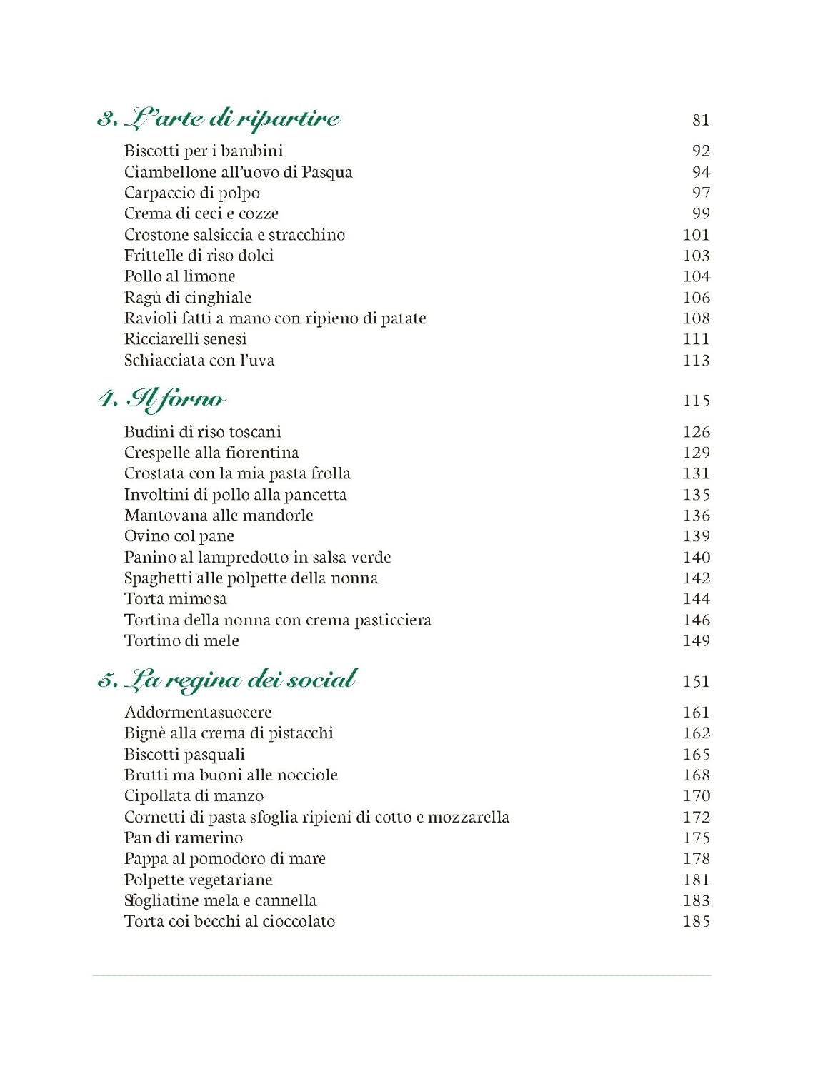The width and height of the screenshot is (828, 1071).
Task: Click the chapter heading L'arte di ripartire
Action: tap(219, 119)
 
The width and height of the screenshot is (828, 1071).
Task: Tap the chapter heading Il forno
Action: tap(161, 399)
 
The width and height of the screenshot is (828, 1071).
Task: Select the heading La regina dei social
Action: tap(227, 680)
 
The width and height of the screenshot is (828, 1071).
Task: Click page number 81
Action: tap(701, 120)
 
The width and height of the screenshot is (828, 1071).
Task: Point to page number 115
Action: tap(696, 401)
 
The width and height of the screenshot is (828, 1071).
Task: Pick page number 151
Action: tap(696, 681)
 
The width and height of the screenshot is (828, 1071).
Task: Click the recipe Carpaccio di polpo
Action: tap(191, 193)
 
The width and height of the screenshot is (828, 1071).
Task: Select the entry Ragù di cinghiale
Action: tap(188, 298)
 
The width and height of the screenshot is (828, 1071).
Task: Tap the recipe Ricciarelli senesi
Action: tap(185, 339)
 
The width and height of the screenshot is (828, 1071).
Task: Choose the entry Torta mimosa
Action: tap(175, 599)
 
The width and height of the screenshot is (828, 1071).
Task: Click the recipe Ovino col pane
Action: tap(179, 536)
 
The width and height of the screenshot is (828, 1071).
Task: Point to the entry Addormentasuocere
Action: tap(198, 712)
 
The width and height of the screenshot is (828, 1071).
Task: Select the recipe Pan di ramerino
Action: tap(183, 838)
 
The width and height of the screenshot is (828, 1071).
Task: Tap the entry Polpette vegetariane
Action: tap(198, 880)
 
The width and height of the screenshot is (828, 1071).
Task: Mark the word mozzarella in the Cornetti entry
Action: tap(468, 817)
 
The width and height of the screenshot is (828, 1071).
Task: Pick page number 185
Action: tap(696, 921)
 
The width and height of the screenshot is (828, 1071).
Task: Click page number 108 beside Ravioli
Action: tap(696, 318)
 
